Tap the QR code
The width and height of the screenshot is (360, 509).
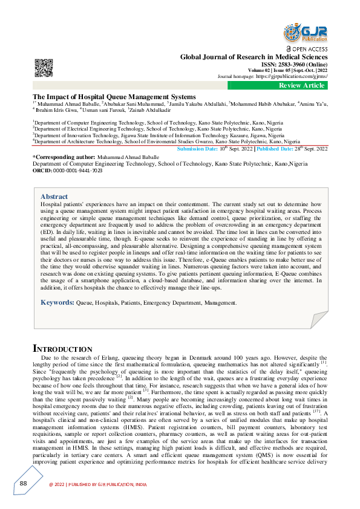[x=43, y=68]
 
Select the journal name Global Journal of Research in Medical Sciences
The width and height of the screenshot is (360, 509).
[x=254, y=57]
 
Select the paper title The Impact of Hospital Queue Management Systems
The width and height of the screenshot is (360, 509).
[x=114, y=97]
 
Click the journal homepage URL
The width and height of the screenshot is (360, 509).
[x=292, y=77]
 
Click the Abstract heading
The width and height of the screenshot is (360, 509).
[x=54, y=196]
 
